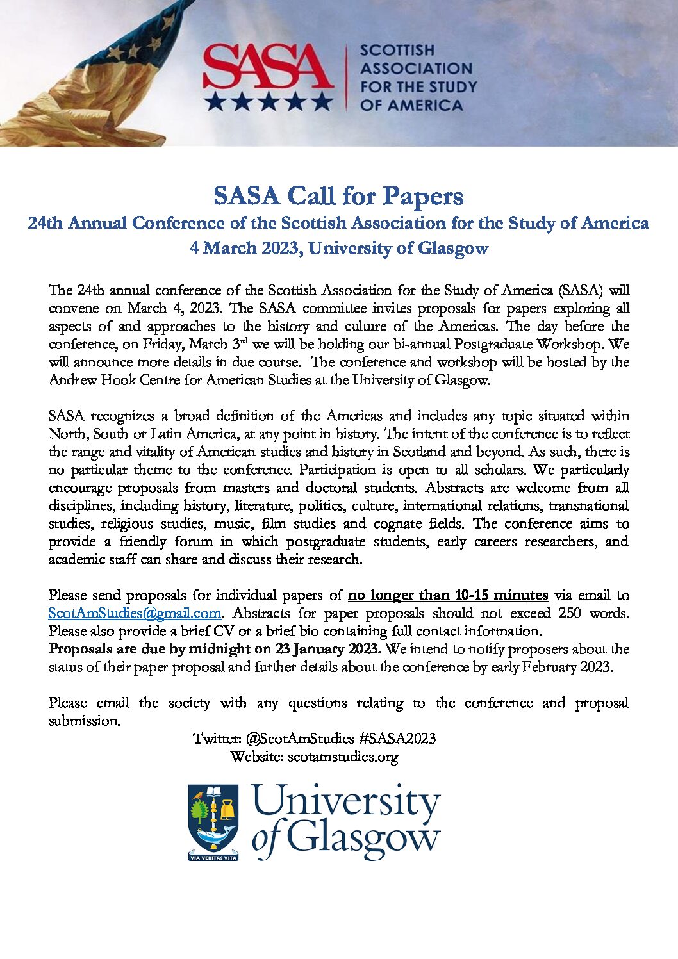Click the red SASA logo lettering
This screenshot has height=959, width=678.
[268, 67]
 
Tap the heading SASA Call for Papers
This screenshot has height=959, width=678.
[338, 196]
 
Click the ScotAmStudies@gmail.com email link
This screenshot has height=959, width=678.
[135, 613]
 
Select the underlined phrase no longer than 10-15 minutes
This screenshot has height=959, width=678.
[448, 595]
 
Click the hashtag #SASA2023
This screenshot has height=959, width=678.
[397, 739]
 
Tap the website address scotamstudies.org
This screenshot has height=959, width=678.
[343, 757]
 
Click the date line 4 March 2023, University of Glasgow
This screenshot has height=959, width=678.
[338, 248]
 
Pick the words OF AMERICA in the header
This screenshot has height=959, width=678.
[411, 105]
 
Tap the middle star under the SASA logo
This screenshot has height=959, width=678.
[268, 101]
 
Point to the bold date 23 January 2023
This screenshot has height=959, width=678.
[327, 649]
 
